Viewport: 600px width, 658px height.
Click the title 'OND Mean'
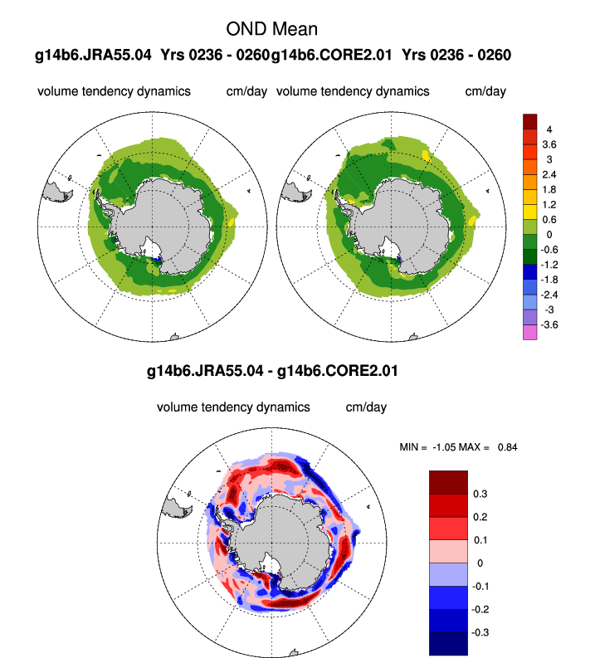click(271, 29)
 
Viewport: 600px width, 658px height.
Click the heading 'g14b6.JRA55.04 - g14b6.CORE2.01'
click(271, 372)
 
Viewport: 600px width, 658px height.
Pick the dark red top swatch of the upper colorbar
click(529, 122)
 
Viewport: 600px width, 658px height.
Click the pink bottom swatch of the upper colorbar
click(529, 332)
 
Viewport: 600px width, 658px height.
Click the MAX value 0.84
click(507, 447)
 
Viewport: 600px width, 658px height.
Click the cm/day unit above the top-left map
click(246, 90)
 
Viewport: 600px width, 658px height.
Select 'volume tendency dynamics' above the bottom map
click(233, 407)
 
